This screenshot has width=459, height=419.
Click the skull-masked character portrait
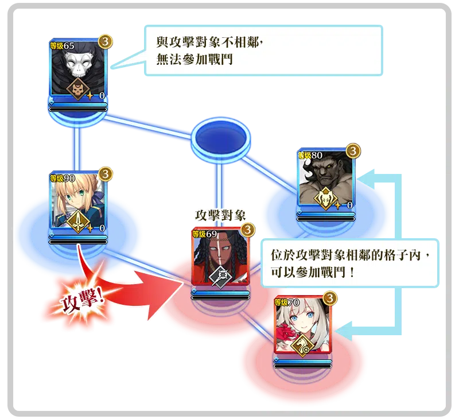point(78,66)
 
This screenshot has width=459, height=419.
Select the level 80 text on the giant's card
point(312,154)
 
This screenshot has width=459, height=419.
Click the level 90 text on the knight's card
point(64,177)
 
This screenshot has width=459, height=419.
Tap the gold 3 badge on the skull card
point(105,41)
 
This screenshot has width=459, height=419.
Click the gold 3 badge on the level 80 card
point(353,150)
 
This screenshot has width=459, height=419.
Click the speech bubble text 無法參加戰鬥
point(195,60)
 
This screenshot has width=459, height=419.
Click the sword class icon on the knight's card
point(77,220)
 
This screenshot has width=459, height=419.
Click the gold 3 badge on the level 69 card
point(247,230)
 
